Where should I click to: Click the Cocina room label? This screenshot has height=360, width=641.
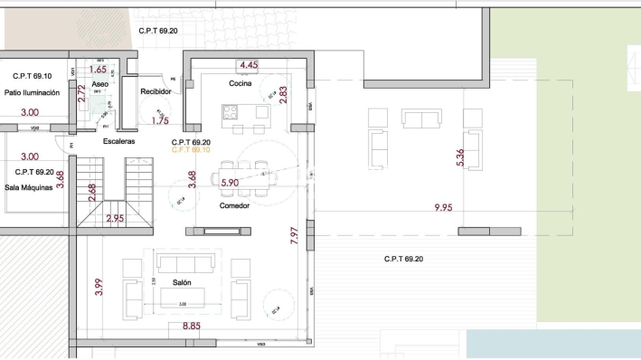(x=240, y=84)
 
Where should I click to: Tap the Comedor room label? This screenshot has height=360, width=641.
(x=234, y=205)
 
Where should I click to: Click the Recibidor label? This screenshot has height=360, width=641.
(x=156, y=91)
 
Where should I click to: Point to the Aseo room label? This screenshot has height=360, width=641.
(x=100, y=84)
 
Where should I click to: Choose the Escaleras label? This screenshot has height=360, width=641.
(x=119, y=142)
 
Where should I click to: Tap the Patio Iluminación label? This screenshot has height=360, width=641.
(x=32, y=93)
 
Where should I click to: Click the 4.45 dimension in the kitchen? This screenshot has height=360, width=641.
(x=249, y=65)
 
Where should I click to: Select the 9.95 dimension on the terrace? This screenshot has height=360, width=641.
(x=443, y=208)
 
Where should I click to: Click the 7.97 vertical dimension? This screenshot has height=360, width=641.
(x=293, y=237)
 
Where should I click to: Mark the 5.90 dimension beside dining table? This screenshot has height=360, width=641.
(x=231, y=183)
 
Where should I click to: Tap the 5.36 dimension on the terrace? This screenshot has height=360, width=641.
(x=461, y=156)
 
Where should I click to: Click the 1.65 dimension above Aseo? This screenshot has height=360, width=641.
(x=99, y=69)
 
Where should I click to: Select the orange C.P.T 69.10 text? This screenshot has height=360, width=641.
(x=191, y=150)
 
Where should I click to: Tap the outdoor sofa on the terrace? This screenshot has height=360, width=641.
(x=423, y=120)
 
